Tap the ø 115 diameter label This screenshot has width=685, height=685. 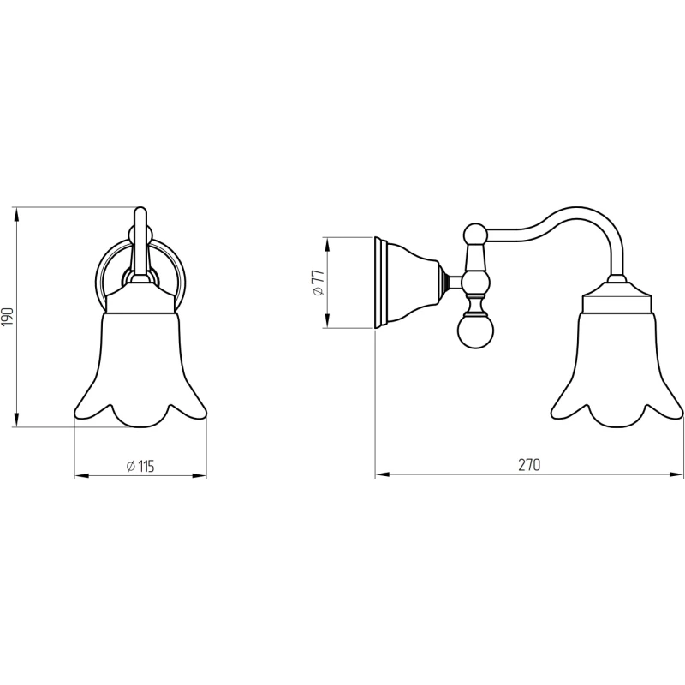(140, 467)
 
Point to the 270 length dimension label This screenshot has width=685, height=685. (529, 465)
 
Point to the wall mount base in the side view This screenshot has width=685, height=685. (406, 283)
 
